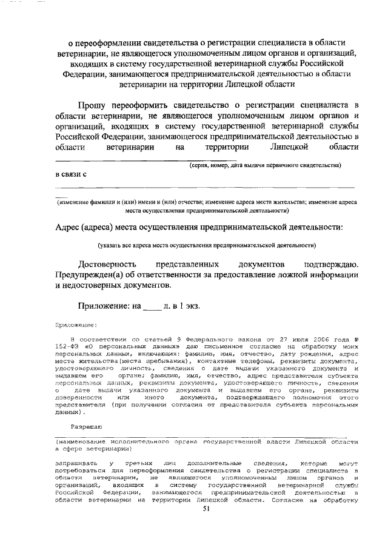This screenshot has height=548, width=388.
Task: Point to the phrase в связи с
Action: [x=70, y=175]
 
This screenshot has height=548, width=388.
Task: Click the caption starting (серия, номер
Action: [x=266, y=165]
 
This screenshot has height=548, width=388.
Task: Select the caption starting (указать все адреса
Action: [x=207, y=246]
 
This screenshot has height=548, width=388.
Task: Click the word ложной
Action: [x=273, y=276]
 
